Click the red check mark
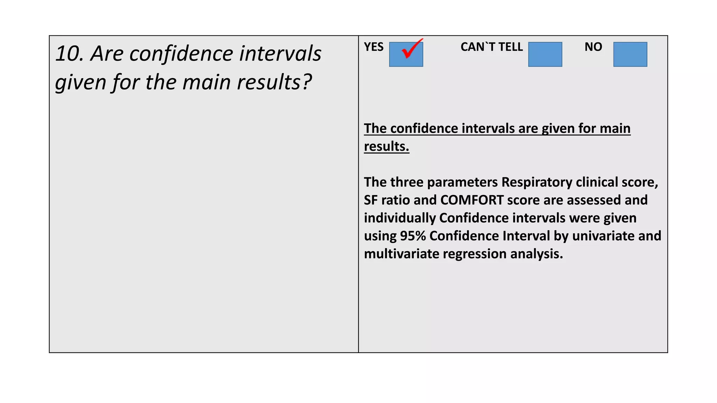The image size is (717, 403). [x=411, y=49]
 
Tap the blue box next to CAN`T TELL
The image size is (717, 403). [x=545, y=54]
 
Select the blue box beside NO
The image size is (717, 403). [x=630, y=54]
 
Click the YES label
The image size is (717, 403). [x=374, y=47]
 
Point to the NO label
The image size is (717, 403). [x=593, y=47]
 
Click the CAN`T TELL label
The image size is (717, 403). [x=491, y=47]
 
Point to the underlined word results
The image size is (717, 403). [x=386, y=146]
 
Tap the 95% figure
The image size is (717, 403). [x=412, y=236]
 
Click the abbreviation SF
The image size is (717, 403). [x=370, y=200]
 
